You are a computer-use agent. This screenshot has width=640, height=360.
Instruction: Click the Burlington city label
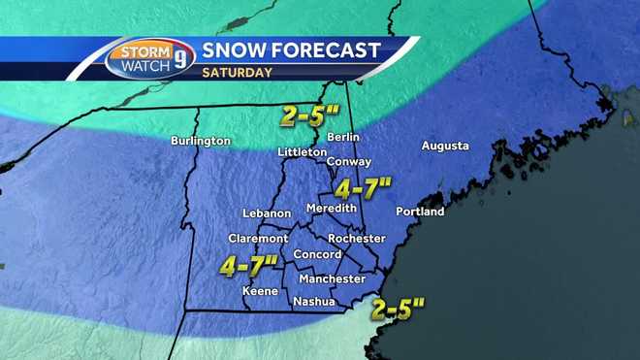pos(201,141)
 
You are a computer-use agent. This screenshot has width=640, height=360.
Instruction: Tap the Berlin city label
pos(344,137)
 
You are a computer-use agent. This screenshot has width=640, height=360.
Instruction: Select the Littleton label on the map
pos(301,152)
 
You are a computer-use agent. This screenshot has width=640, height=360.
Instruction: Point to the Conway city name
pos(345,161)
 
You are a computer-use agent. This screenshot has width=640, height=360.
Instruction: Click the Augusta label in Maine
pos(445,146)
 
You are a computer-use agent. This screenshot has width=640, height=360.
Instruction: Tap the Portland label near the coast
pos(420,211)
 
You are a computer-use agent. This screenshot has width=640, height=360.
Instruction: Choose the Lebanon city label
pos(267,213)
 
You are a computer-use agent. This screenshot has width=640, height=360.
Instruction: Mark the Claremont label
pos(258,238)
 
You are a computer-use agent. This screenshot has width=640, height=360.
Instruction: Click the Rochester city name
pos(358,238)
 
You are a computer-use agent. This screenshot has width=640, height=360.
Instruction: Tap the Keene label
pos(260,291)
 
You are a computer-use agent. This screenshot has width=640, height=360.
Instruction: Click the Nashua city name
pos(314,302)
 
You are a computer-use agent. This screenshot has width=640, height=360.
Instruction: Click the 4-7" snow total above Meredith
pos(362,185)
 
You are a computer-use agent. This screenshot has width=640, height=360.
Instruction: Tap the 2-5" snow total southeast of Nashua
pos(398,310)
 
